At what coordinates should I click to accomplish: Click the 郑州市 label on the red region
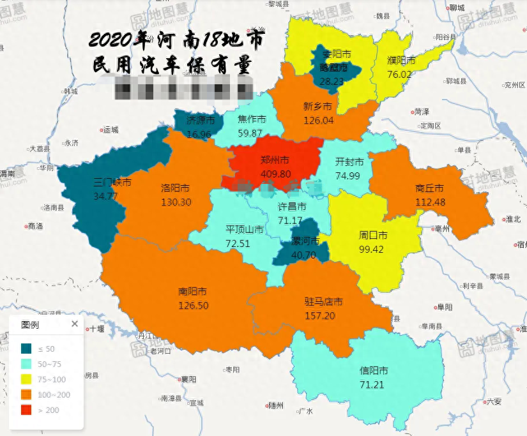coord(275,160)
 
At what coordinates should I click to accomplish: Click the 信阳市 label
coord(374,371)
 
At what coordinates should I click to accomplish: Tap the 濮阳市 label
coord(401,61)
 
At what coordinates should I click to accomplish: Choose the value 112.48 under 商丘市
coord(429,202)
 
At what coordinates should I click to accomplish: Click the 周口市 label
coord(373,236)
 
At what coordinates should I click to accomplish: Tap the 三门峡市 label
coord(112,183)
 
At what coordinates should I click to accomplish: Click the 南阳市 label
coord(192,291)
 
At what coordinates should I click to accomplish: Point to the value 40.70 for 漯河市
coord(303,255)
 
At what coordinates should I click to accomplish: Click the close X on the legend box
coord(74,324)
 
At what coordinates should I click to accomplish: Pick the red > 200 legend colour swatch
coord(27,410)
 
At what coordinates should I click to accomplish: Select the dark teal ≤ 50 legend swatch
coord(27,349)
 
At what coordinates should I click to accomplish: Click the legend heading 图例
coord(30,324)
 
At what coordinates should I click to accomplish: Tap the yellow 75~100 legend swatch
coord(27,379)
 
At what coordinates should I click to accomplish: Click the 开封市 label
coord(349,162)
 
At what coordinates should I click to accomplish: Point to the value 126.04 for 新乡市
coord(318,119)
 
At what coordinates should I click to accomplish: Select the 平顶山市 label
coord(245,230)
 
